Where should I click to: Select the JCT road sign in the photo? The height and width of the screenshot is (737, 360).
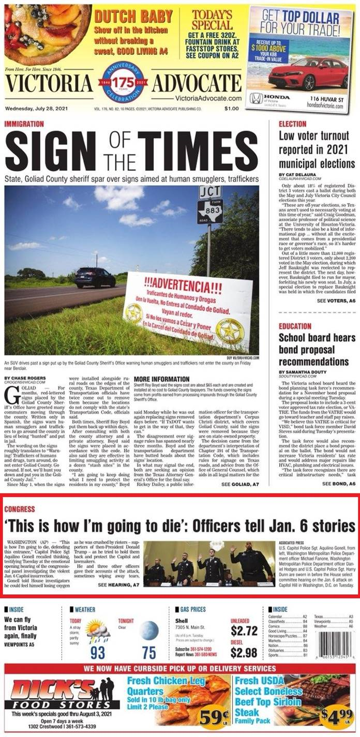210,193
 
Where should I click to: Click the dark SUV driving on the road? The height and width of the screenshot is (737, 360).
95,277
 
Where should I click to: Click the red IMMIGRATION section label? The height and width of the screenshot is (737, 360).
23,125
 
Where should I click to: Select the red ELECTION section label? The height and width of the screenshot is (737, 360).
293,124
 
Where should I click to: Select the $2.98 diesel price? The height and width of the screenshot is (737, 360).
244,652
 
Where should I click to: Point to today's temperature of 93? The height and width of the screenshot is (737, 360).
98,653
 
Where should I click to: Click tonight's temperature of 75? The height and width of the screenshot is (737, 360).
149,653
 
